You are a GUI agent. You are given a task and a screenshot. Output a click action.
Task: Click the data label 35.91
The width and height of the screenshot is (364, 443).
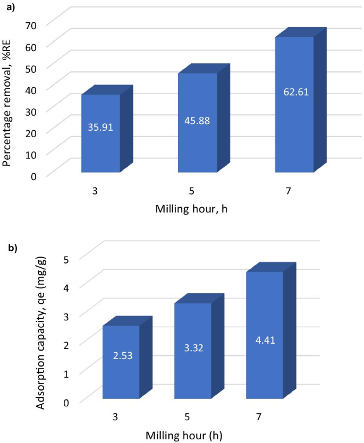(x=100, y=127)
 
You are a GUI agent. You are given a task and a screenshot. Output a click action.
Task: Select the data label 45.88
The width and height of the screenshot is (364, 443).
(x=197, y=121)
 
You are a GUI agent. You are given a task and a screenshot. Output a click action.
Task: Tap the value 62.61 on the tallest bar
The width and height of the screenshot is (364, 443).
(x=294, y=91)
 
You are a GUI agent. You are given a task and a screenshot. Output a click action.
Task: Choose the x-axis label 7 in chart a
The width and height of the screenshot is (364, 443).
(x=294, y=190)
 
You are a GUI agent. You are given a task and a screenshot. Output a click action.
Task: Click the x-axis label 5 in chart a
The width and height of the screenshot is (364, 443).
(x=197, y=190)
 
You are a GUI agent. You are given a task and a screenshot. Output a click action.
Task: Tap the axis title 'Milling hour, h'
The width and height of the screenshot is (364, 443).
(x=191, y=209)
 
